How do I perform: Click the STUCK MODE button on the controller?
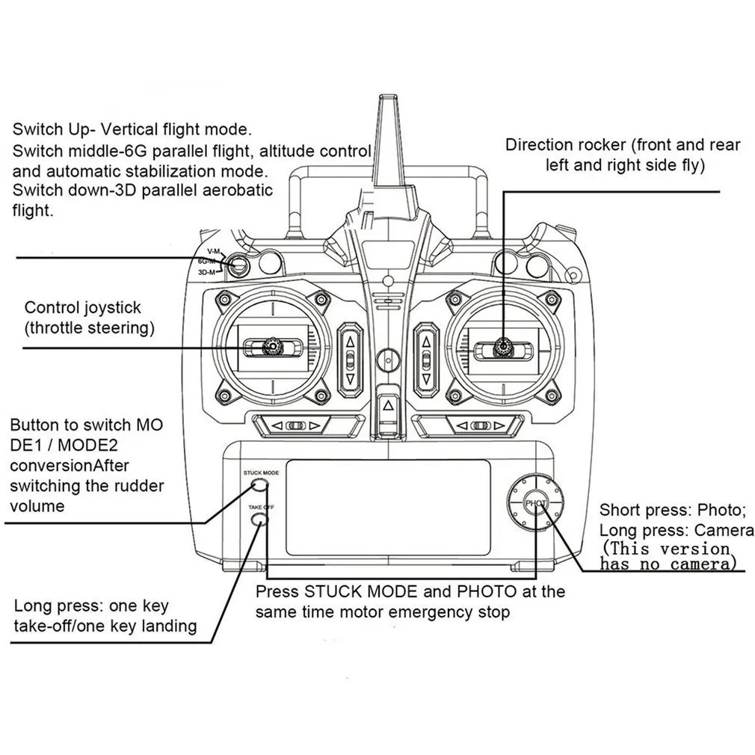point(260,484)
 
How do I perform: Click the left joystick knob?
point(273,346)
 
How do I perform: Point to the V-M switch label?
point(213,251)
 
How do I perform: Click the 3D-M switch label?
point(206,272)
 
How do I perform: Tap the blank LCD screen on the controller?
point(388,507)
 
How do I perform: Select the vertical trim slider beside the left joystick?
point(350,360)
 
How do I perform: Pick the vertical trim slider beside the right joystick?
point(426,360)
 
